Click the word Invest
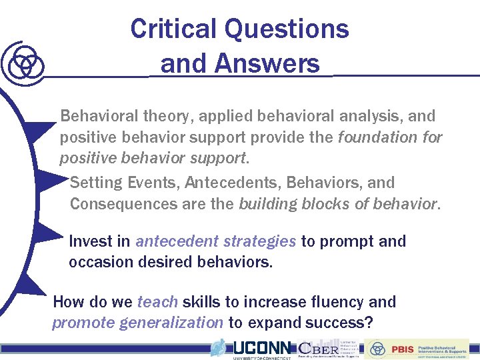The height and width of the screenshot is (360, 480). click(x=89, y=241)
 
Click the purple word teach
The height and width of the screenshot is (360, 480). click(x=157, y=302)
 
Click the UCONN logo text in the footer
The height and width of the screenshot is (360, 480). click(x=261, y=347)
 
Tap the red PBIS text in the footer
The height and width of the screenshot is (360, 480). click(x=402, y=348)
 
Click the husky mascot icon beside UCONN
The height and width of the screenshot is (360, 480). click(x=219, y=347)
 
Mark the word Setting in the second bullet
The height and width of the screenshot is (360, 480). click(x=94, y=183)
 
